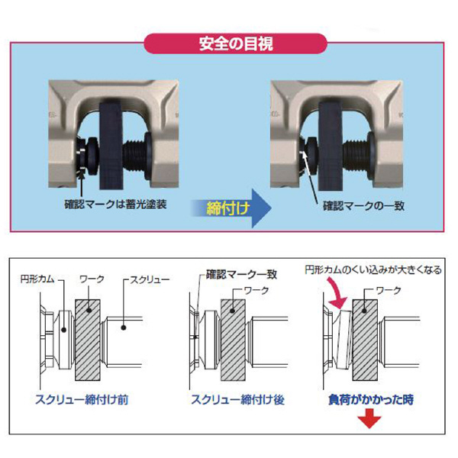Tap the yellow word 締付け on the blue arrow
pos(227,206)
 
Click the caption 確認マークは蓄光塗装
pos(121,205)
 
